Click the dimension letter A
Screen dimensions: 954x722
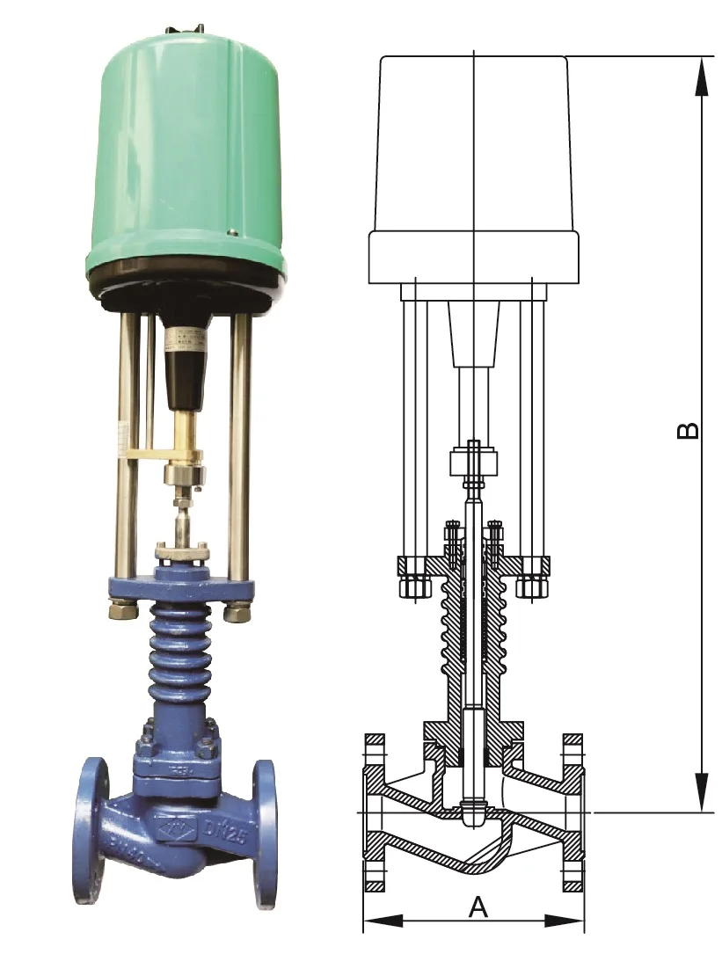(x=477, y=906)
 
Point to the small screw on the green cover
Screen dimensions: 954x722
(x=232, y=233)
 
